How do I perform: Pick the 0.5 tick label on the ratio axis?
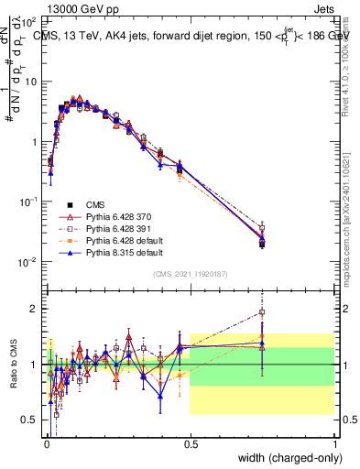pos(29,420)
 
